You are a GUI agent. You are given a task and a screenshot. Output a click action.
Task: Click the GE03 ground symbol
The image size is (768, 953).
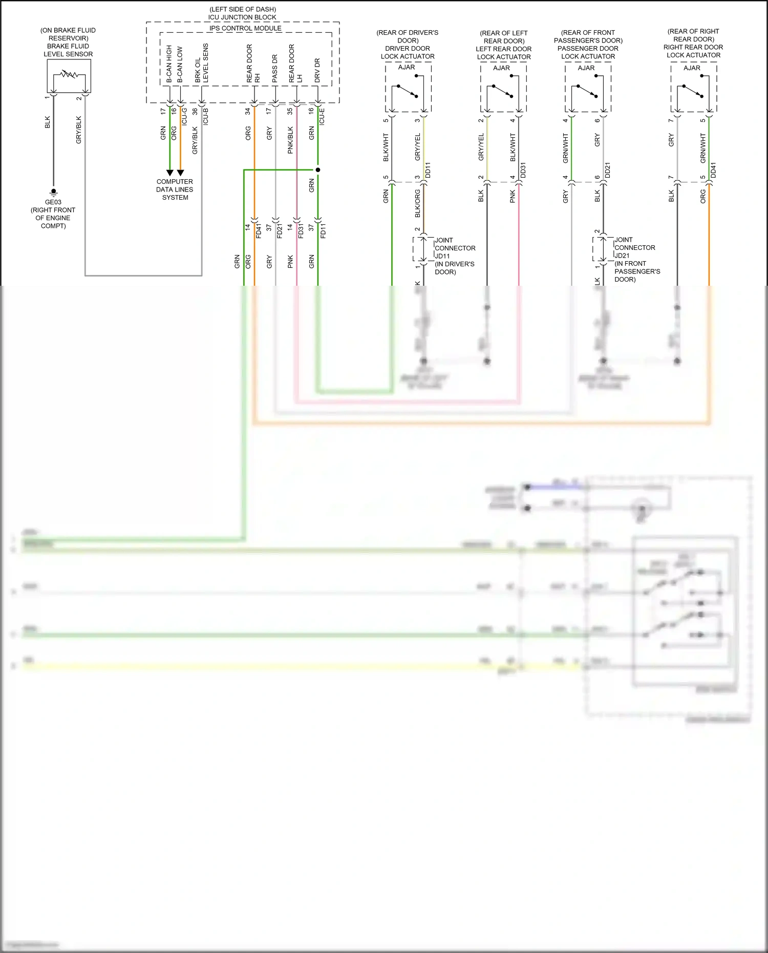pos(53,193)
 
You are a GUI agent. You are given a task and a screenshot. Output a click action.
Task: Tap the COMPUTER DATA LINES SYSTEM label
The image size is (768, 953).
pos(175,189)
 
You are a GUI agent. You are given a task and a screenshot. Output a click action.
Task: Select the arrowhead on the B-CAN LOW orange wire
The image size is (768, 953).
pos(180,173)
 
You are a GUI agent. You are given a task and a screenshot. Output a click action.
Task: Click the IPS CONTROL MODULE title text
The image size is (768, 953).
pos(245,28)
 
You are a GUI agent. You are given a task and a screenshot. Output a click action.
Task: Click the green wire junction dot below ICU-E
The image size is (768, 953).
pos(318,170)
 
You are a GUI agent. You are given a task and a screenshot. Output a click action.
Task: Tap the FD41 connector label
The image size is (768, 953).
pos(259,230)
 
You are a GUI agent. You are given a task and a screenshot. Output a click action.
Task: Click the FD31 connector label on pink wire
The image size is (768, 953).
pos(301,230)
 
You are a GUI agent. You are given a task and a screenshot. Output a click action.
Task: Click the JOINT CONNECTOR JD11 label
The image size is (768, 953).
pos(455,256)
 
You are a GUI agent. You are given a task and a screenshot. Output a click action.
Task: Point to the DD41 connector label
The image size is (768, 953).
pos(714,170)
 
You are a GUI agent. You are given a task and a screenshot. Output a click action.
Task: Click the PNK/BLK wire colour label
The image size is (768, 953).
pos(290,140)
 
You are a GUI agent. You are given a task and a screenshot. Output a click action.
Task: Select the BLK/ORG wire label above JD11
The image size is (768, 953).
pos(417,203)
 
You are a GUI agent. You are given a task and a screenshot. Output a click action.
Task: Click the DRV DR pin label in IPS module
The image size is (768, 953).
pos(317,70)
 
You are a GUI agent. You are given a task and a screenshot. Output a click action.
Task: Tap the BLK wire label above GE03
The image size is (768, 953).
pos(48,122)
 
